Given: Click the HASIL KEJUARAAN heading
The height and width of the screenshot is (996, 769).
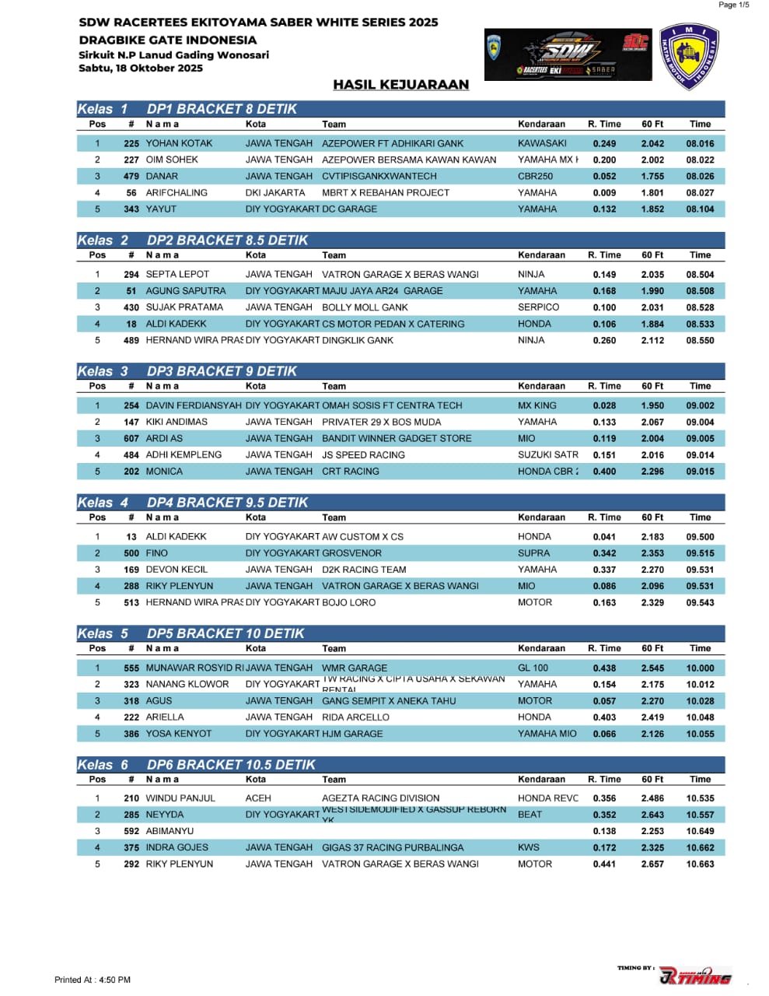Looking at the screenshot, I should tap(400, 85).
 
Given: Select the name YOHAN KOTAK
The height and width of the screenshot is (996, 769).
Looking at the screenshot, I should tap(179, 143).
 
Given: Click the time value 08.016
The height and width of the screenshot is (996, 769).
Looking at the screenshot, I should tap(700, 143).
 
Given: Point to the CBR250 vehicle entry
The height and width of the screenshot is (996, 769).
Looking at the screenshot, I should tap(535, 176).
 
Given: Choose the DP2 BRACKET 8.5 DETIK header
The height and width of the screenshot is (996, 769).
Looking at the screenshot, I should tap(227, 240).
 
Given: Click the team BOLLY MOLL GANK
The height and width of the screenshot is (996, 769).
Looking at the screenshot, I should tap(365, 307).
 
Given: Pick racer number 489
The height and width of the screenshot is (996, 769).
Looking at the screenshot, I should tap(131, 340).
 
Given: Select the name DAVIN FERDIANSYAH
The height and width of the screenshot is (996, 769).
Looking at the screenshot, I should tap(194, 405).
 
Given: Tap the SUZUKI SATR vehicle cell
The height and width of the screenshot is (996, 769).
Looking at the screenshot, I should tap(548, 454).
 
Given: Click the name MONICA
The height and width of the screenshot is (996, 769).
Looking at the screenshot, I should tap(164, 472).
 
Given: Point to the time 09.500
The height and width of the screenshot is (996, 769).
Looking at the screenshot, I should tap(700, 537).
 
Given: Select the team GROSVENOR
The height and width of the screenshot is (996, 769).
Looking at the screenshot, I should tap(351, 553).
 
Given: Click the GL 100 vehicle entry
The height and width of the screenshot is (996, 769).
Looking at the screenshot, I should tap(533, 668).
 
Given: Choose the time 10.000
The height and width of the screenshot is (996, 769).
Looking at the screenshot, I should tap(700, 668).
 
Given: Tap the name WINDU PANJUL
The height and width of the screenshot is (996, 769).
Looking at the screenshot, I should tap(180, 798).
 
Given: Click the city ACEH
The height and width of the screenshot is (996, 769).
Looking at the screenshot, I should tap(258, 798).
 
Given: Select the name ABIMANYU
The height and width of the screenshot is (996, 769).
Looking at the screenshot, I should tap(170, 831).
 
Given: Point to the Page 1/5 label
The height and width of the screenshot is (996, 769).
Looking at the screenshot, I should tap(734, 5).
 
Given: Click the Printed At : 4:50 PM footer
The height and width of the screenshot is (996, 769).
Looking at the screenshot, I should tap(93, 980).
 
